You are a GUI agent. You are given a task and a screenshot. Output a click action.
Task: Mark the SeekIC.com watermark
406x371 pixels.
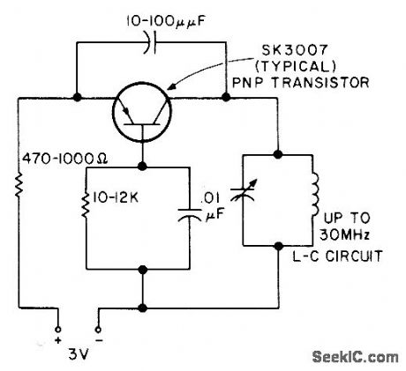pyautogui.click(x=355, y=356)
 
